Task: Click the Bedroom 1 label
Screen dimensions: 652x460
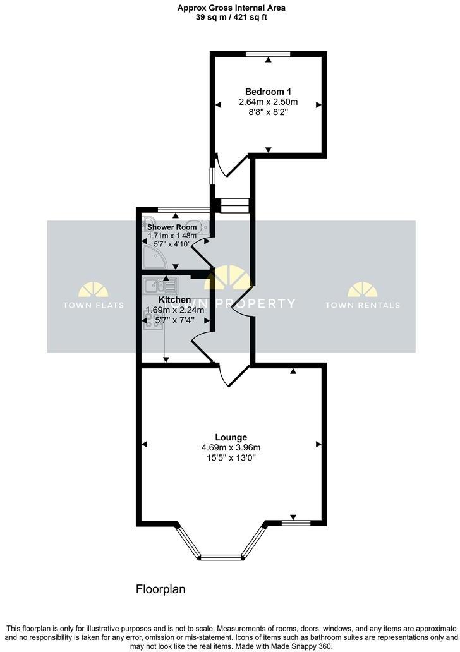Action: (x=268, y=92)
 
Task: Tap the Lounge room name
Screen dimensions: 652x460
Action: (x=231, y=437)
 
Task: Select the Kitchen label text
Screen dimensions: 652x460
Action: (x=175, y=299)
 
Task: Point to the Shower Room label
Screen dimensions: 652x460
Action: (x=172, y=227)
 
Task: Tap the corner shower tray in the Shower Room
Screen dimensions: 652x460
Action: (x=152, y=257)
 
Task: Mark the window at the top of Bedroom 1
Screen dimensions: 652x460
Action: (x=268, y=54)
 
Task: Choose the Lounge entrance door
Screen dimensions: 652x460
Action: (x=233, y=376)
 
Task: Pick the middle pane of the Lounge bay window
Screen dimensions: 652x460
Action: (x=221, y=557)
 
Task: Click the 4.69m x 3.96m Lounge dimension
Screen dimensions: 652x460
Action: (x=231, y=448)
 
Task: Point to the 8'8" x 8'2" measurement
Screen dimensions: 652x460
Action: (x=268, y=112)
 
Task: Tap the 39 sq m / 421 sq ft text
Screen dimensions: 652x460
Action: (x=230, y=18)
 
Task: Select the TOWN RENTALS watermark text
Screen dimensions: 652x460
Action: (x=363, y=305)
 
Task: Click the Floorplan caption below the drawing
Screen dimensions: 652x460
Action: (x=160, y=589)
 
